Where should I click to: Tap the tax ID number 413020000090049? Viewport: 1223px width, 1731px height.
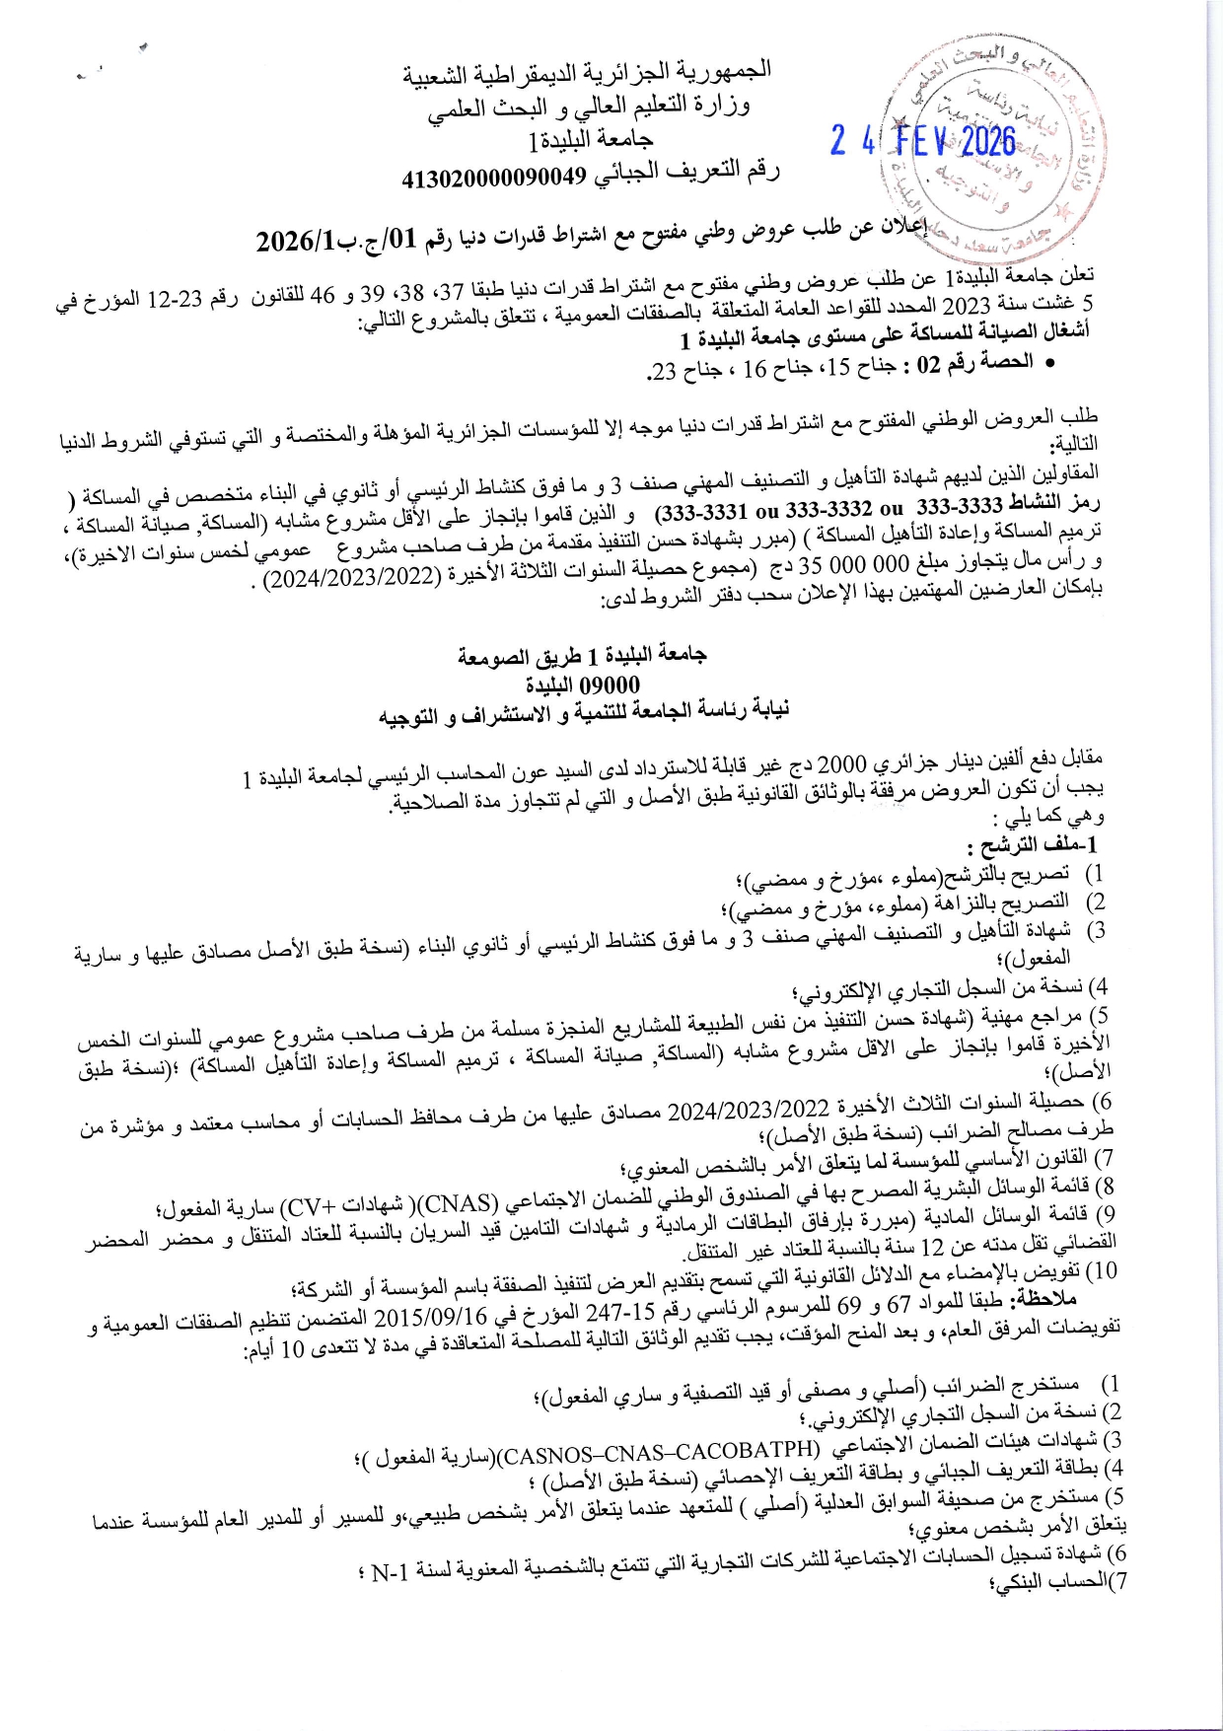(493, 178)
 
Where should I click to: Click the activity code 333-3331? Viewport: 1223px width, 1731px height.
(701, 512)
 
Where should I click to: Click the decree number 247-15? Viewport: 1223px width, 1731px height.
(628, 1313)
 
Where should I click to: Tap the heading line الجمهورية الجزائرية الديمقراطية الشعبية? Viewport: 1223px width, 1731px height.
(587, 74)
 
